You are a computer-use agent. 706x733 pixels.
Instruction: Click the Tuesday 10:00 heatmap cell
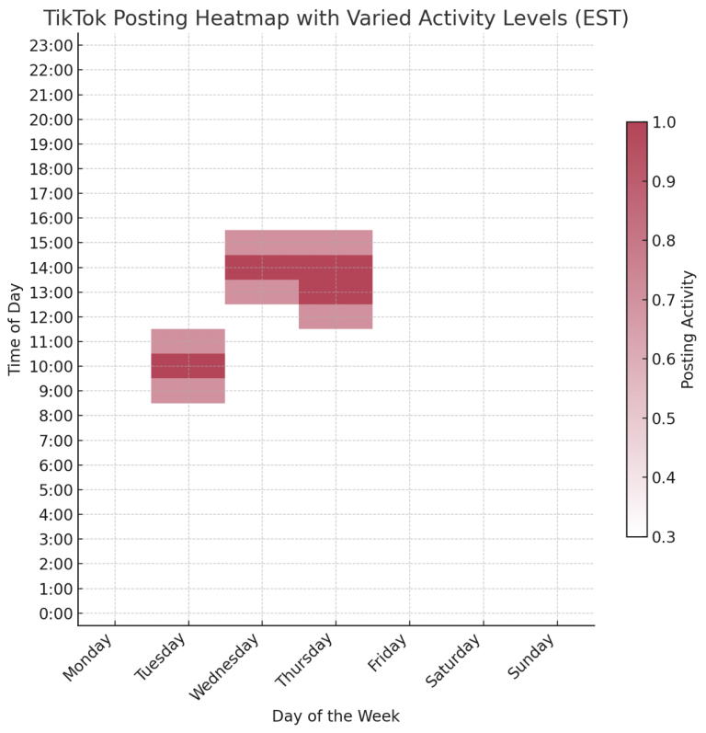[188, 366]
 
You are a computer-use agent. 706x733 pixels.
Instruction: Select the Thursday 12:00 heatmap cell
[336, 316]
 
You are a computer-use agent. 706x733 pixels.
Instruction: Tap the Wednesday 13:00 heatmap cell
[262, 292]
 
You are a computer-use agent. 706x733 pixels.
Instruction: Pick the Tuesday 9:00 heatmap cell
[188, 391]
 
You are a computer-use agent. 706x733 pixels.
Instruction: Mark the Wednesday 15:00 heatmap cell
[262, 242]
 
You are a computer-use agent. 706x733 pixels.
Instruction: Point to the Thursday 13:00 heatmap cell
[336, 292]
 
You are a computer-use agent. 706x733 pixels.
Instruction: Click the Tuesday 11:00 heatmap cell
[188, 341]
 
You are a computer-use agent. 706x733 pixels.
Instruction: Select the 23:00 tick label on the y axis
[48, 45]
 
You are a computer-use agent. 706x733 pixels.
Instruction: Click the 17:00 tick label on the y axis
[48, 193]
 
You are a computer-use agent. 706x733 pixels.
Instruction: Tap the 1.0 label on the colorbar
[665, 122]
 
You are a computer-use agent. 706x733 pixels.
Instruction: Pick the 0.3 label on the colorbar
[665, 536]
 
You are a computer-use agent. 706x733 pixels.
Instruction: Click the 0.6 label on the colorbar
[665, 359]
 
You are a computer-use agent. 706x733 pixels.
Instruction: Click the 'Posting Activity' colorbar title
[689, 329]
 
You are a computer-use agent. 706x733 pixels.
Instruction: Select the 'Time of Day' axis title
[15, 329]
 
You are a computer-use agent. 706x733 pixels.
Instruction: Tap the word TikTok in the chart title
[76, 17]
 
